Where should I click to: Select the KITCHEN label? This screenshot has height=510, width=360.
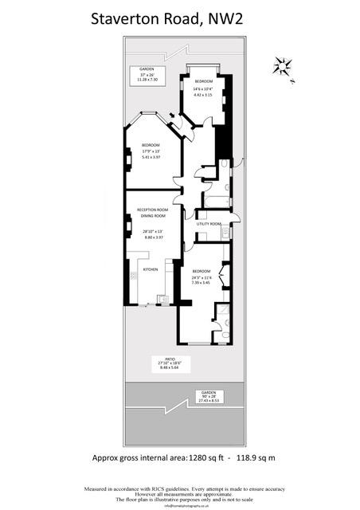click(151, 270)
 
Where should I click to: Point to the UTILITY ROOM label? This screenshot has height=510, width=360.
click(209, 224)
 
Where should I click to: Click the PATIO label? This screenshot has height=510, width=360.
click(170, 359)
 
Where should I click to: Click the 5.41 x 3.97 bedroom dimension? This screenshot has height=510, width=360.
click(151, 157)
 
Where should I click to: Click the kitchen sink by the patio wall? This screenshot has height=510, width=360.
click(163, 299)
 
